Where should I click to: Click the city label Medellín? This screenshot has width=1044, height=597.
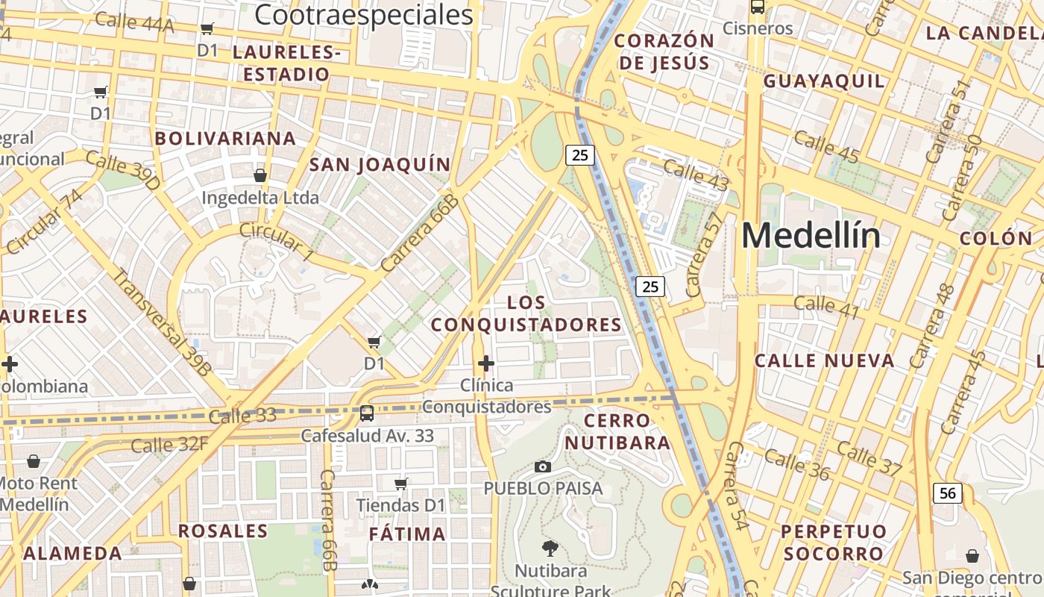811,236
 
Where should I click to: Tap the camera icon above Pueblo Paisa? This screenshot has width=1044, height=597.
543,467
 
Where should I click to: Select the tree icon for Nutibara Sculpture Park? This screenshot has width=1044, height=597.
551,548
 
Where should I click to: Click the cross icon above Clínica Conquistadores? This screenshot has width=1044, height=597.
486,363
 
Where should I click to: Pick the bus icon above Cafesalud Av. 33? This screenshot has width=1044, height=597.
367,413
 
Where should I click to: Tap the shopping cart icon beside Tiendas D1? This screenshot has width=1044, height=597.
401,484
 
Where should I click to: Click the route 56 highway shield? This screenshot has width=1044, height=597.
947,493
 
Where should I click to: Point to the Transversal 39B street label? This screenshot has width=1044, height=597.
162,320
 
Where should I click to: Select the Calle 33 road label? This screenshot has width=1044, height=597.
242,416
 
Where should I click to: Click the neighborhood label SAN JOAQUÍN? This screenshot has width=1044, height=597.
380,165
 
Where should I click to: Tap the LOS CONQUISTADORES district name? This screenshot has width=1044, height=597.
526,313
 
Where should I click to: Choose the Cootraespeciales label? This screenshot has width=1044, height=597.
364,15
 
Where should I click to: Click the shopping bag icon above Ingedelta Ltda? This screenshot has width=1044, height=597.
260,175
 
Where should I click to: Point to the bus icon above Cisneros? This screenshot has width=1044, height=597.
758,7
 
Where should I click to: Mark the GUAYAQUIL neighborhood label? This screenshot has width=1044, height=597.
824,81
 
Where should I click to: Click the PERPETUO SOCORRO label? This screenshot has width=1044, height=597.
833,543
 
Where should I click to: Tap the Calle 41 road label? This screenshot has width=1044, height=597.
826,306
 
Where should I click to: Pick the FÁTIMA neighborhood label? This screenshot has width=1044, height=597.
407,534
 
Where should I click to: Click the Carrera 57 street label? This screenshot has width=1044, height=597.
704,254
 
